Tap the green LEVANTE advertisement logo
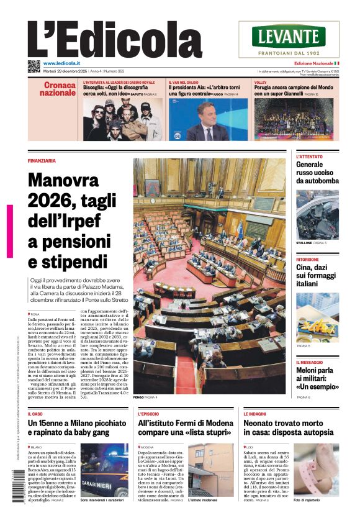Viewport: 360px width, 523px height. click(x=289, y=36)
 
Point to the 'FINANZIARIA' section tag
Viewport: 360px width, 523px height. click(x=42, y=160)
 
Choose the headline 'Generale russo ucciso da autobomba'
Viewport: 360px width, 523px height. click(x=317, y=173)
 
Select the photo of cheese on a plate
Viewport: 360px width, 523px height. click(x=317, y=317)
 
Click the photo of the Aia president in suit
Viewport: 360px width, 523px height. click(x=209, y=119)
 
